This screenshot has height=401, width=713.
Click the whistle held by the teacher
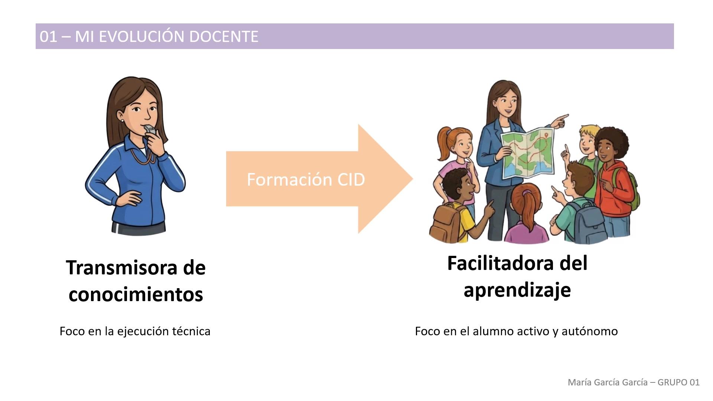[150, 130]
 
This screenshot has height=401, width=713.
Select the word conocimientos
[136, 294]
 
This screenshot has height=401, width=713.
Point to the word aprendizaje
[517, 290]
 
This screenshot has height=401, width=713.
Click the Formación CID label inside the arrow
[306, 179]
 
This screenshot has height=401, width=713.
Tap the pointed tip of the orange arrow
[413, 179]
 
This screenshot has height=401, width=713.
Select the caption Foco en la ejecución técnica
[135, 331]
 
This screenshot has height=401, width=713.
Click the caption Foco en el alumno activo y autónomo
[516, 331]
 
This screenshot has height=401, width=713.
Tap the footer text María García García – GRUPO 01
[634, 382]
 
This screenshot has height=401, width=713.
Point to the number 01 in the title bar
[48, 36]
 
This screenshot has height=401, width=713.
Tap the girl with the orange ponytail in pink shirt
[457, 163]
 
